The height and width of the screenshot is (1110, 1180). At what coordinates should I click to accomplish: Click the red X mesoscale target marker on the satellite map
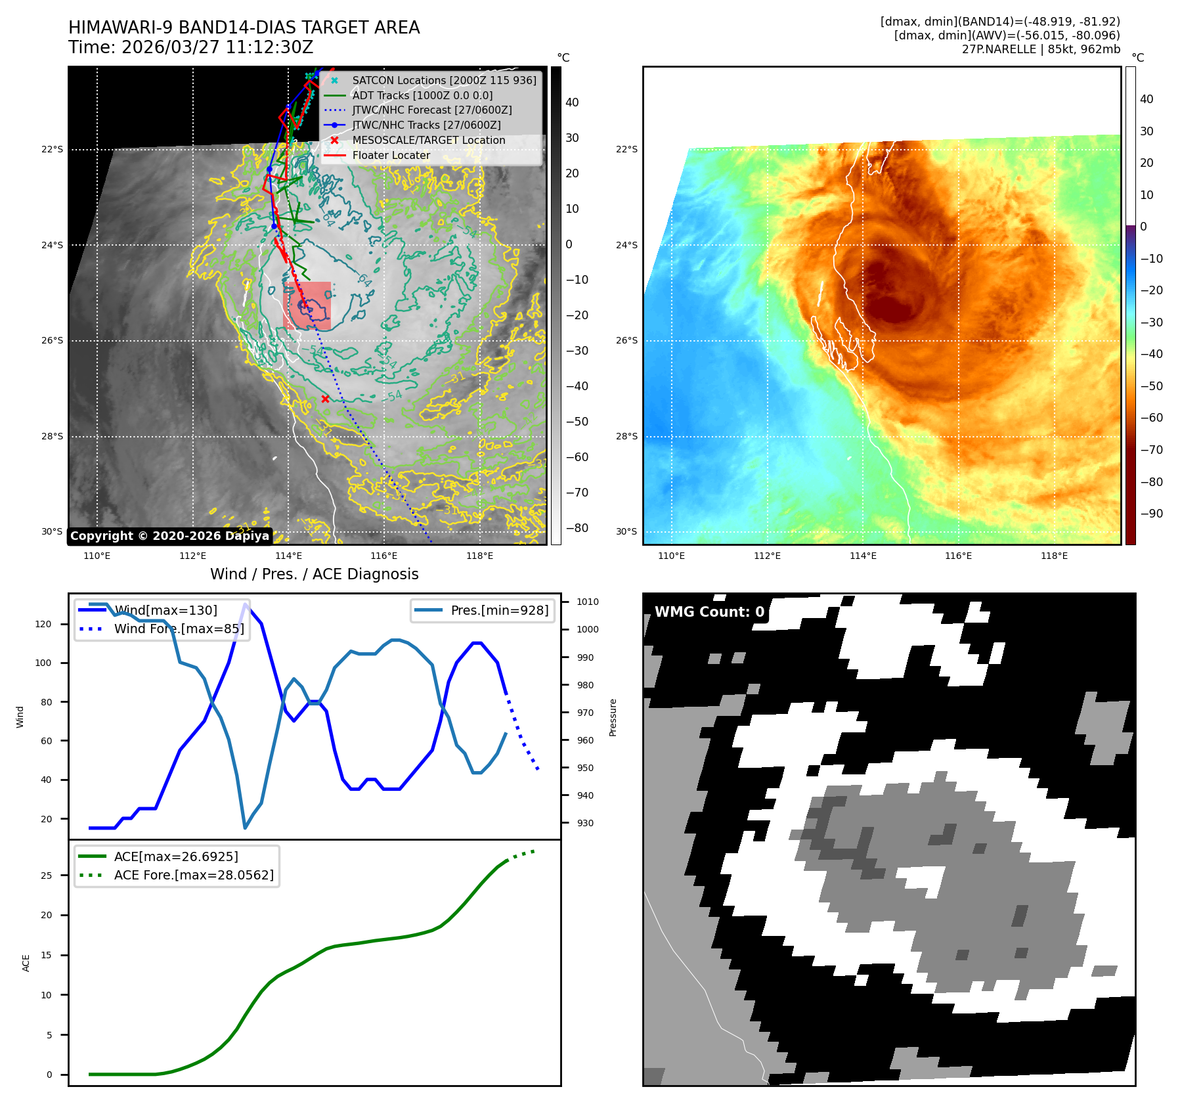pos(325,399)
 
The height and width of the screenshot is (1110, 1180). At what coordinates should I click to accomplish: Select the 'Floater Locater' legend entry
pos(391,156)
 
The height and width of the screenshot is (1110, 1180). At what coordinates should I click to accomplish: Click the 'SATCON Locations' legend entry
pos(444,81)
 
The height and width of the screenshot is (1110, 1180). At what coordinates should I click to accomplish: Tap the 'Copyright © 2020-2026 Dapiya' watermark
pos(169,536)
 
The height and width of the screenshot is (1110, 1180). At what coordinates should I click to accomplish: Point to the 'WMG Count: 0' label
pos(709,612)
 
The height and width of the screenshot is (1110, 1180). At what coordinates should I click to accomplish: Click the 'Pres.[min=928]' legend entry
pos(499,610)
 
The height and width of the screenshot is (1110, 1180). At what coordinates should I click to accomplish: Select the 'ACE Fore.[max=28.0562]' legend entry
pos(194,875)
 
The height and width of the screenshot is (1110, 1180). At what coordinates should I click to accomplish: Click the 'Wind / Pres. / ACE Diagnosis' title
pos(314,574)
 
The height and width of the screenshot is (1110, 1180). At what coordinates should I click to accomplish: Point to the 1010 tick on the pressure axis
pos(587,602)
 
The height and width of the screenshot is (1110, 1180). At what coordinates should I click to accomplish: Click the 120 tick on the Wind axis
pos(43,624)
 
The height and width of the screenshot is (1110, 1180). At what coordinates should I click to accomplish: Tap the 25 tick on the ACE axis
pos(46,876)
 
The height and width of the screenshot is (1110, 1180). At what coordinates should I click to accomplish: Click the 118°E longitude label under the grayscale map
pos(479,556)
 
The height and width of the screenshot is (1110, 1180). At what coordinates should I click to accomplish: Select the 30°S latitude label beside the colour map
pos(626,532)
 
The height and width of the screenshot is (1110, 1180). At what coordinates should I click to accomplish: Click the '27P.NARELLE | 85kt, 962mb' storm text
pos(1041,49)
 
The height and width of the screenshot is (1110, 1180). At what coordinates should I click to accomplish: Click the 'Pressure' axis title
pos(613,717)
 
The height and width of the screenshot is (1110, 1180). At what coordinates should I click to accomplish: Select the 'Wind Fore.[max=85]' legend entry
pos(179,629)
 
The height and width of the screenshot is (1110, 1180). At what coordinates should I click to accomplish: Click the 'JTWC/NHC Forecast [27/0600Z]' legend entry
pos(431,110)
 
